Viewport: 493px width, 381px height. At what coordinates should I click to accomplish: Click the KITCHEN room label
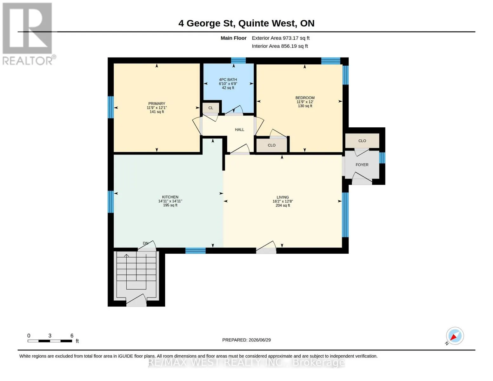(x=170, y=197)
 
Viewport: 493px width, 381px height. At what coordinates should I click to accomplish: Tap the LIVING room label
(x=283, y=197)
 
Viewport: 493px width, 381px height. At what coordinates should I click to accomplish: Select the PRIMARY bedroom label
(x=157, y=104)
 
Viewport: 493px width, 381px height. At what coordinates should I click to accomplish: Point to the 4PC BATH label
(x=228, y=80)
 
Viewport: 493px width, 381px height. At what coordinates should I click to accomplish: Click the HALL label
(x=240, y=130)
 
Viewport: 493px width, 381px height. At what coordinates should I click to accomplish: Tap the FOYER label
(x=362, y=165)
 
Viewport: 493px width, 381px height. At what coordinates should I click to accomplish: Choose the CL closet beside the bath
(x=211, y=108)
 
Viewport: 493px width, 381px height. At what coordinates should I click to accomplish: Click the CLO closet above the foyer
(x=362, y=141)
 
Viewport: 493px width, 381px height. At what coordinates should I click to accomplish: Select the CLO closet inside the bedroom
(x=271, y=145)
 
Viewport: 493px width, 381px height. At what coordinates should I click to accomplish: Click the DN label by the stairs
(x=145, y=243)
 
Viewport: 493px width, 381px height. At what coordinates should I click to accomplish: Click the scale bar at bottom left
(x=50, y=341)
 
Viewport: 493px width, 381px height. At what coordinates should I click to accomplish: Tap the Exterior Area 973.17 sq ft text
(x=281, y=38)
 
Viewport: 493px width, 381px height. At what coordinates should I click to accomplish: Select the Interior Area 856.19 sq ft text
(x=280, y=46)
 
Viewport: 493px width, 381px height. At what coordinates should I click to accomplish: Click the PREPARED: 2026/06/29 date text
(x=246, y=340)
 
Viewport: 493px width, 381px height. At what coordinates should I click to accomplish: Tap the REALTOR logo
(x=28, y=34)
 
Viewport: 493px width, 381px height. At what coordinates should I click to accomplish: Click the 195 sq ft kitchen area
(x=170, y=205)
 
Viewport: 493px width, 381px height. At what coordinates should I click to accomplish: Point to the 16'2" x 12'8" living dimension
(x=283, y=201)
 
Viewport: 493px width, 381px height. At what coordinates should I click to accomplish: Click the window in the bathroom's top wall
(x=238, y=60)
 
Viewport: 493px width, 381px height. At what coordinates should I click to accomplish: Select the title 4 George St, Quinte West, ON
(x=246, y=23)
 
